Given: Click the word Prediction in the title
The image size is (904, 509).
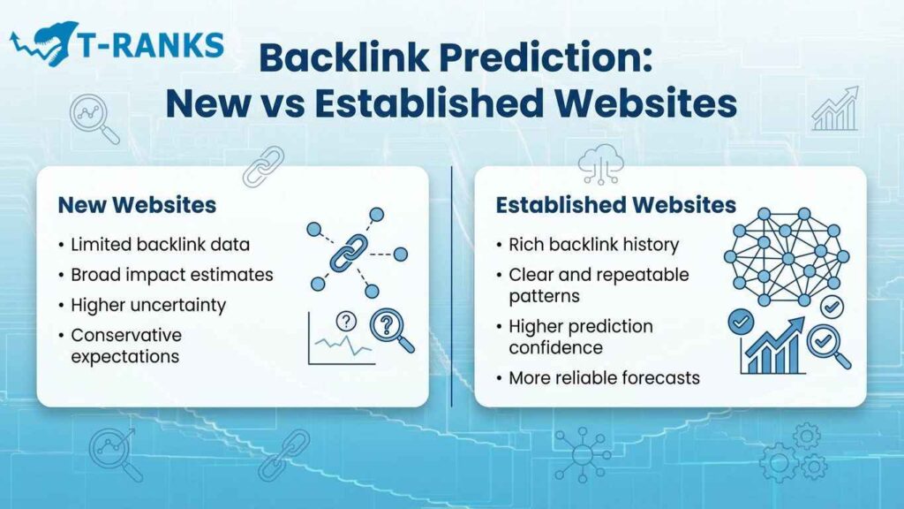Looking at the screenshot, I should point(555,58).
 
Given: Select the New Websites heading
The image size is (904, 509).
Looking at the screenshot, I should point(137,205).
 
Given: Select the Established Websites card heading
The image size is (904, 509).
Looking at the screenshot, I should point(615,205).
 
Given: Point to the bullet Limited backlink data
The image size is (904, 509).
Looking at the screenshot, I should point(161,244).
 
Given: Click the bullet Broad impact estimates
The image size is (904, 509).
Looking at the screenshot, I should point(172,275).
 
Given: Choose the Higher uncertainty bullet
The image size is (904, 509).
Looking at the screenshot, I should point(148,305).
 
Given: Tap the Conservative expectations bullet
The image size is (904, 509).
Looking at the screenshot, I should point(125,346).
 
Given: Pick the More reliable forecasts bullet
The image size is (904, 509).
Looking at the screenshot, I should point(604,377).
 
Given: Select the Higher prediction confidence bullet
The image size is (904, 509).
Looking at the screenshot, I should point(580,336).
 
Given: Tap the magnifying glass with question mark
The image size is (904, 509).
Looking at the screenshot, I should point(388,330).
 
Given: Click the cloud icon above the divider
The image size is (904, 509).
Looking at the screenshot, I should point(601,163).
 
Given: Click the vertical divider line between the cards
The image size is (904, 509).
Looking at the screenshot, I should point(451,283).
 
